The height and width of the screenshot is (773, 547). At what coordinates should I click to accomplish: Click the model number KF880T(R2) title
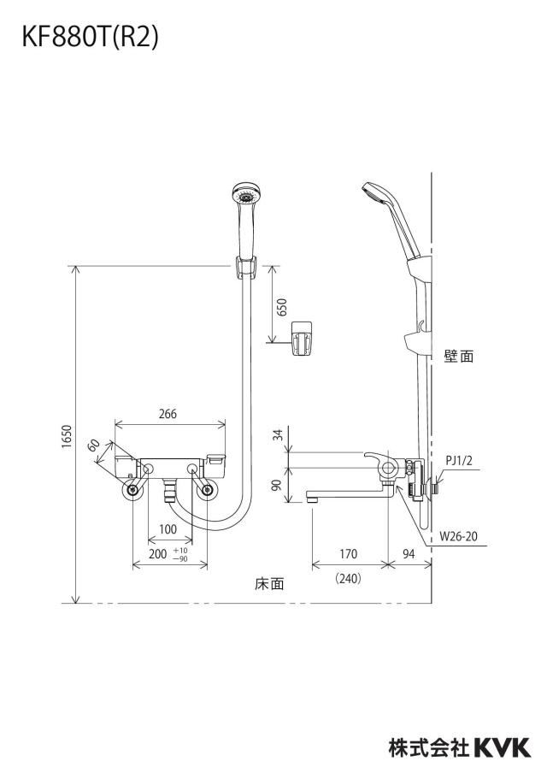pos(91,38)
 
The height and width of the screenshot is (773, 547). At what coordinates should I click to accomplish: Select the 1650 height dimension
pos(67,436)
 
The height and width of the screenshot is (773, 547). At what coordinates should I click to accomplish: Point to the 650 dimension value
pos(282,307)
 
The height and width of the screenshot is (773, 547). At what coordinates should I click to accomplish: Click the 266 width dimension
pos(168,414)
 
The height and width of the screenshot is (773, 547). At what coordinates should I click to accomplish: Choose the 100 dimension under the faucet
pos(168,529)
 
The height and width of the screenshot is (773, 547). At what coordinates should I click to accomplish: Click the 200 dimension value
pos(158,553)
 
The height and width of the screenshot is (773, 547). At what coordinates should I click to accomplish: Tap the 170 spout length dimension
pos(348,553)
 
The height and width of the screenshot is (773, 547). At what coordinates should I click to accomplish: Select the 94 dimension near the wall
pos(409,553)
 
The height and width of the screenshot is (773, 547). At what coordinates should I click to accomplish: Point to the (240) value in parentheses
pos(348,578)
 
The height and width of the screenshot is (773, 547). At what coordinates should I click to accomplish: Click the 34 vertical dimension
pos(278,434)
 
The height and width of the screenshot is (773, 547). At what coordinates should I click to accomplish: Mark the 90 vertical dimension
pos(278,485)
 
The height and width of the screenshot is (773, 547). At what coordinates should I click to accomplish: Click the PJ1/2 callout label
pos(459,460)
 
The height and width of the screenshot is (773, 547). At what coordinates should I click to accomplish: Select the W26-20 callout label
pos(458,536)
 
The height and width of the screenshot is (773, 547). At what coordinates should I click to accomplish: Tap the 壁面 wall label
pos(459,357)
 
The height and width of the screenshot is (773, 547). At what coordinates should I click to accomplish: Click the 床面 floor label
pos(269,584)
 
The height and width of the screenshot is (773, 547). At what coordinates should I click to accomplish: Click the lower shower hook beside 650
pos(301,337)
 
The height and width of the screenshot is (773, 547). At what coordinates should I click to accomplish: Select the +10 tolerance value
pos(180,550)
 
